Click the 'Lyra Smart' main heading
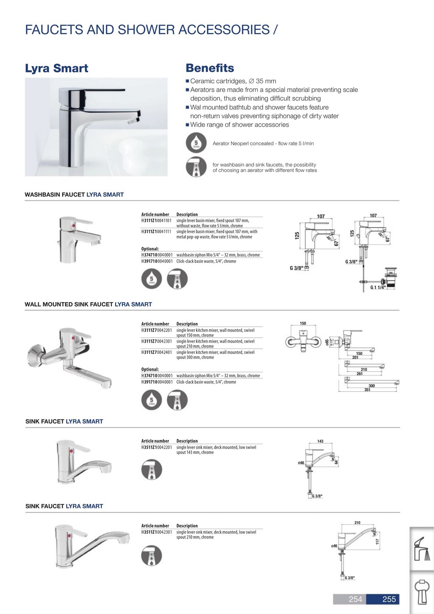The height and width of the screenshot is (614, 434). click(57, 68)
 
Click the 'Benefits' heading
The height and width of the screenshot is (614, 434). click(210, 68)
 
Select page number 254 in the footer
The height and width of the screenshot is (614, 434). click(355, 599)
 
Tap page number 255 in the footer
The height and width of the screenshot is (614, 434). click(389, 599)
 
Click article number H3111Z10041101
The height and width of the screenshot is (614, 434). click(156, 221)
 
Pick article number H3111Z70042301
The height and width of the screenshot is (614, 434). click(156, 341)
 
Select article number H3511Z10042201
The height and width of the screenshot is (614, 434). click(156, 447)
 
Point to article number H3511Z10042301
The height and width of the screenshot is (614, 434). click(156, 532)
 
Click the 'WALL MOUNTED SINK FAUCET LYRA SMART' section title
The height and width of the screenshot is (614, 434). click(88, 304)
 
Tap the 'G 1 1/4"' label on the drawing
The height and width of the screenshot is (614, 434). click(377, 288)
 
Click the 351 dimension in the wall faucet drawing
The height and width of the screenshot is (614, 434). click(367, 390)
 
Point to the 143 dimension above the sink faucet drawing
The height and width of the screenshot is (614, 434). click(320, 441)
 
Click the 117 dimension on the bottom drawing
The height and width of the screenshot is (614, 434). click(377, 542)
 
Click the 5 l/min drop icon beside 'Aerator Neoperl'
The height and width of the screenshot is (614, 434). click(196, 143)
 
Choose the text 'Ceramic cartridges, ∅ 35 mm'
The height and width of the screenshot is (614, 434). click(233, 81)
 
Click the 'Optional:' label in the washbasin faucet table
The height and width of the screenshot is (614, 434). click(150, 249)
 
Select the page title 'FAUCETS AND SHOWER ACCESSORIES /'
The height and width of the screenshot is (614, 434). click(151, 30)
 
